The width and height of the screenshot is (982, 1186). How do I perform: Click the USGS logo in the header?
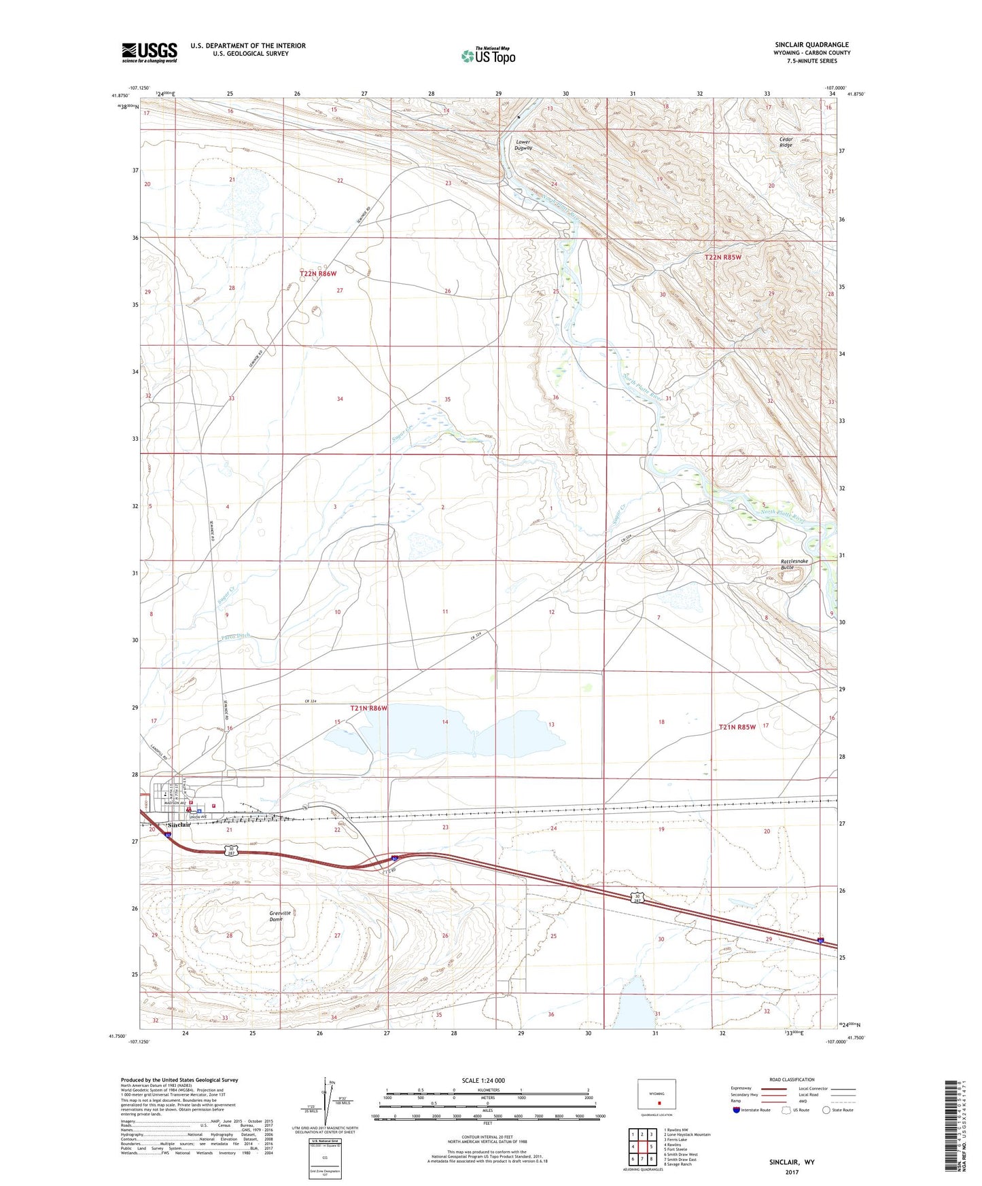(x=150, y=52)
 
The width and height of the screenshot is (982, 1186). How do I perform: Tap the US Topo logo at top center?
(x=487, y=55)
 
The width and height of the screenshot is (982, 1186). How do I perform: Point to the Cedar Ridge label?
(x=786, y=142)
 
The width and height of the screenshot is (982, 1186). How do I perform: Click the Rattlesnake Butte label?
(x=794, y=564)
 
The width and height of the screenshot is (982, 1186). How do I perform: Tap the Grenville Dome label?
(x=280, y=916)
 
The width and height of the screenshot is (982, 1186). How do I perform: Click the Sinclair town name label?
(x=179, y=825)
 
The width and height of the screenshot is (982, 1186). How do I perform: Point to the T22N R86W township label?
(x=318, y=273)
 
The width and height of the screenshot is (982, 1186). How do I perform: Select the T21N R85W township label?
(x=737, y=727)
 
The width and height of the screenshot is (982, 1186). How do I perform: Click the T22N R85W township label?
(x=722, y=257)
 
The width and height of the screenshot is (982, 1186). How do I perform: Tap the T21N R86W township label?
(x=368, y=708)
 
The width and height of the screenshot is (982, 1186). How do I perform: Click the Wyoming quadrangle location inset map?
(x=656, y=1096)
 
